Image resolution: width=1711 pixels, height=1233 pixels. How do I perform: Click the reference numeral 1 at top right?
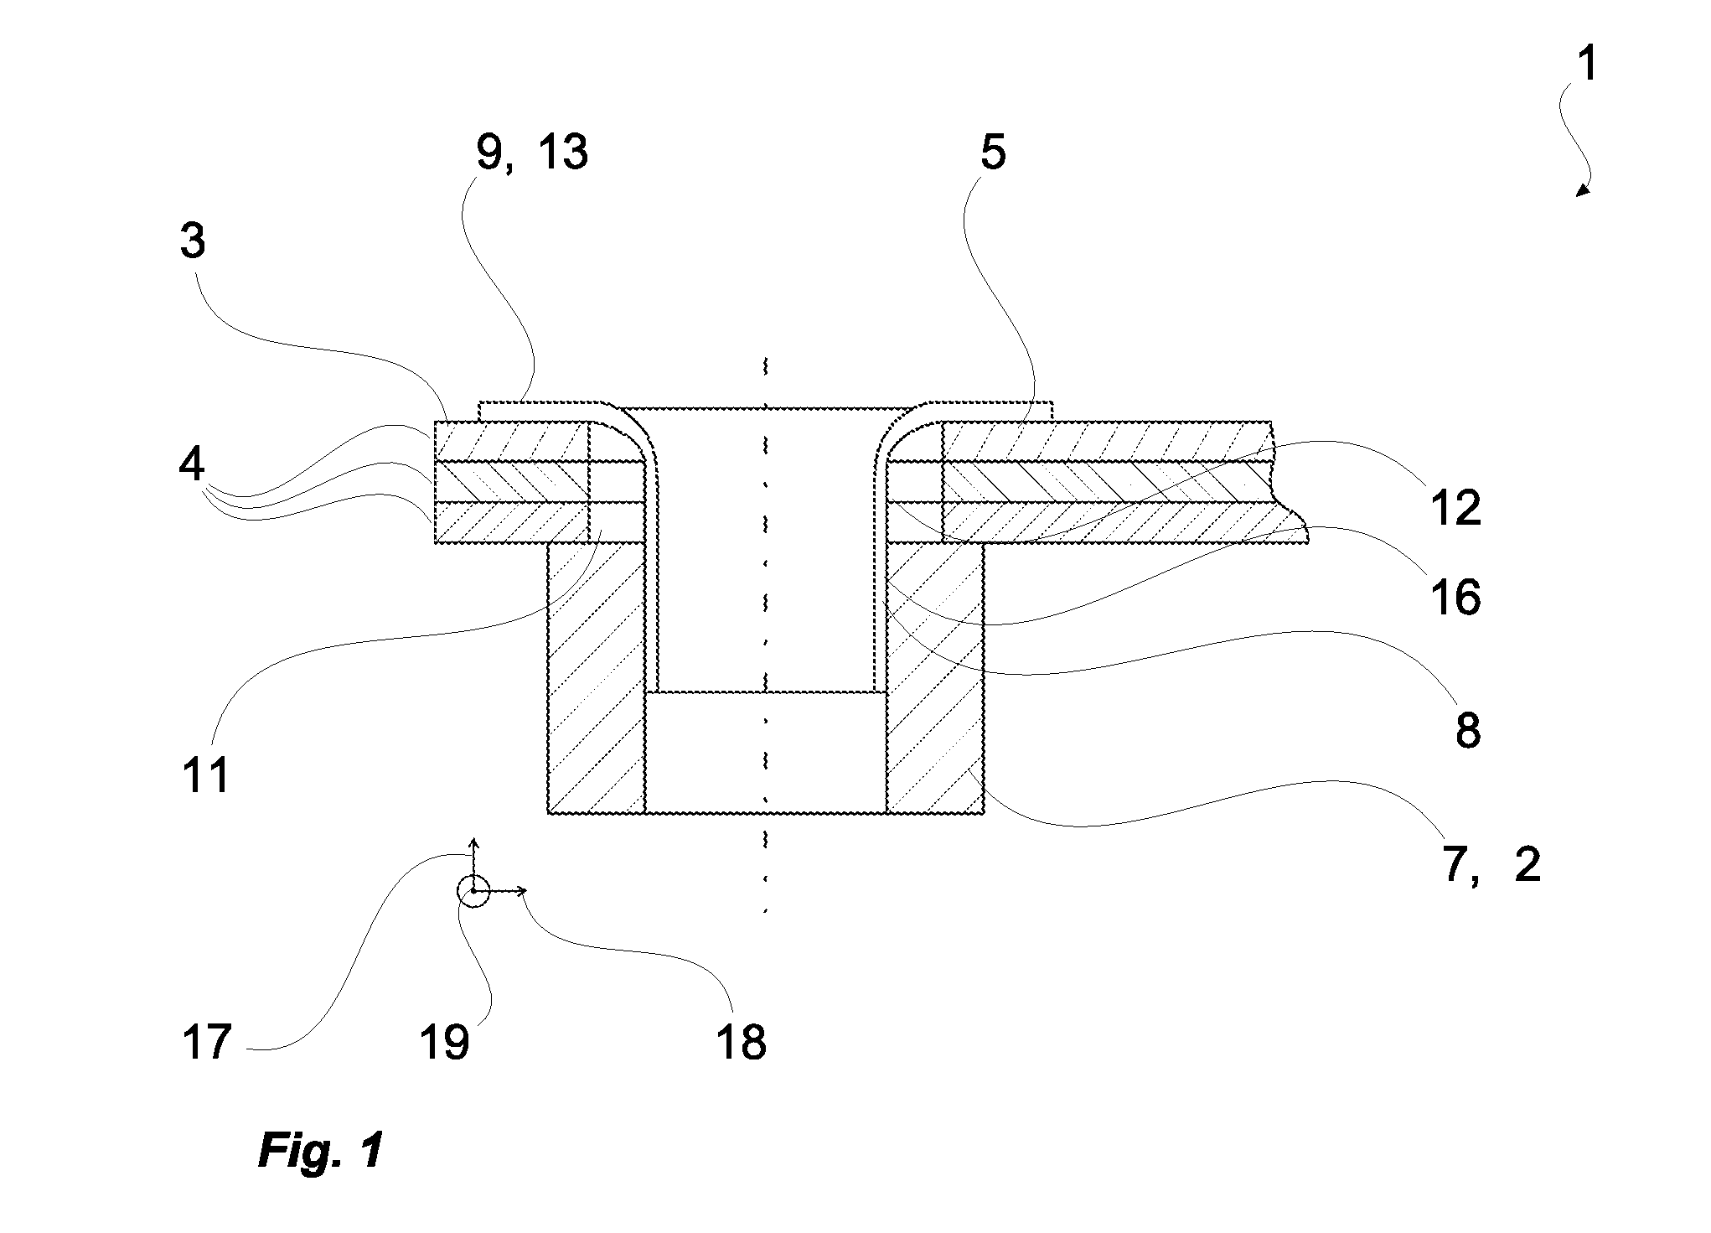tap(1586, 65)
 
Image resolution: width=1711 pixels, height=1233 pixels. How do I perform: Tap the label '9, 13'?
tap(532, 153)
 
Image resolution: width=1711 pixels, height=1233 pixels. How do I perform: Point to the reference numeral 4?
tap(193, 464)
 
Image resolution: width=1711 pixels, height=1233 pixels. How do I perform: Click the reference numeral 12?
tap(1455, 507)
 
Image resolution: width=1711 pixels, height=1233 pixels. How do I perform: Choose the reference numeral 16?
tap(1455, 598)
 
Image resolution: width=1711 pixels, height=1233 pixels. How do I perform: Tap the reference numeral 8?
tap(1467, 731)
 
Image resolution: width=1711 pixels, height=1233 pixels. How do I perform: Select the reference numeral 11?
tap(204, 775)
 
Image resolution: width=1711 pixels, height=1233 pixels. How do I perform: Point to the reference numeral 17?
tap(205, 1042)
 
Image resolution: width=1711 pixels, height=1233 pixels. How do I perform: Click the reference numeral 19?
tap(444, 1042)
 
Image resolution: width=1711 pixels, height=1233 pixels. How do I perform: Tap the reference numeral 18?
tap(742, 1042)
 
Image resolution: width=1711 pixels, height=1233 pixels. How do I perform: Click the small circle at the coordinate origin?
tap(473, 891)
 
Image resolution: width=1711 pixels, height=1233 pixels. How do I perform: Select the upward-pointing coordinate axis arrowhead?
tap(473, 842)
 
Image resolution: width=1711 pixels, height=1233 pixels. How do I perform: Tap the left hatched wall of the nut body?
tap(596, 677)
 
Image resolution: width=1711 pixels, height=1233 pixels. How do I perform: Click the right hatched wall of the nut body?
tap(934, 677)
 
